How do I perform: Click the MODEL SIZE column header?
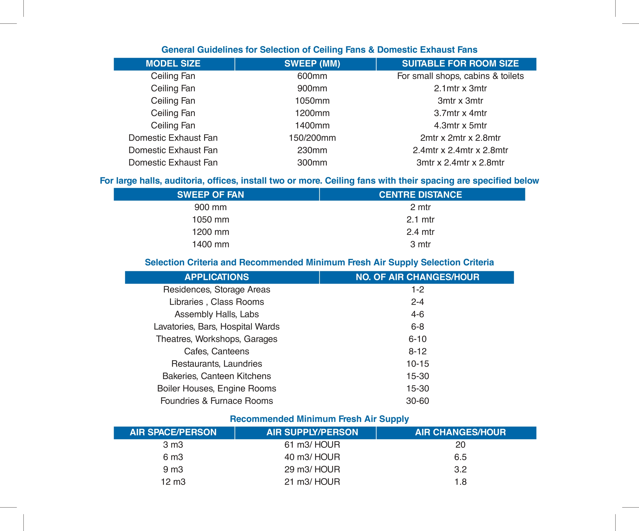click(173, 64)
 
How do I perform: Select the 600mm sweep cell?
click(312, 76)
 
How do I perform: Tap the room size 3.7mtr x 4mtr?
click(460, 113)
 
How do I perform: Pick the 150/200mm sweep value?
click(312, 138)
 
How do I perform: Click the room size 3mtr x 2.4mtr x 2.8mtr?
click(460, 162)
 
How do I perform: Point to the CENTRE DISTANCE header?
click(420, 195)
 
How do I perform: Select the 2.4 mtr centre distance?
click(420, 232)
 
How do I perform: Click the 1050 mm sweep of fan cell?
click(210, 219)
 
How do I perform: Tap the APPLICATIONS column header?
click(216, 277)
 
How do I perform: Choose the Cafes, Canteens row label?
click(216, 352)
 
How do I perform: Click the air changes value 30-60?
click(418, 401)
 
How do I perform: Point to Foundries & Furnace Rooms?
click(216, 401)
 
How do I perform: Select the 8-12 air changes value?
click(418, 352)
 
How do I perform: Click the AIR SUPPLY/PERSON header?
click(312, 432)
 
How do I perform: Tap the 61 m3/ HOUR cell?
click(312, 445)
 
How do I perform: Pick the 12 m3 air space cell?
click(173, 482)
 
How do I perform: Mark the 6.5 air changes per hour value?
click(460, 457)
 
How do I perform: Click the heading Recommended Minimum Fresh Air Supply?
click(319, 419)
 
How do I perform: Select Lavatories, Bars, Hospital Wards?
click(216, 327)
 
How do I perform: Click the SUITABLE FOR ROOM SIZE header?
click(460, 64)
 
